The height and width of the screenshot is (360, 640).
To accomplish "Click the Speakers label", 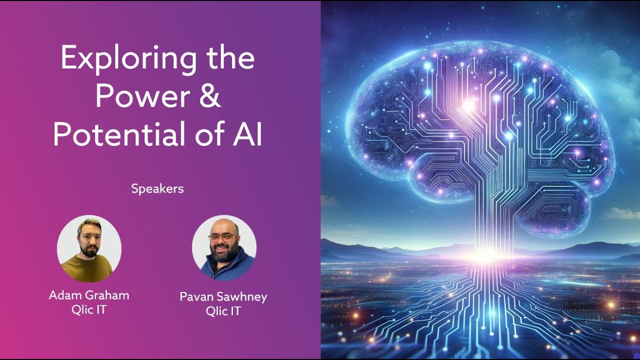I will tap(157, 189).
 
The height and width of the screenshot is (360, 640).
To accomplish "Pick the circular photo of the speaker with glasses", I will tap(224, 247).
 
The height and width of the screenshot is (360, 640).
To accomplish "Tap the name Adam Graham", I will tap(89, 295).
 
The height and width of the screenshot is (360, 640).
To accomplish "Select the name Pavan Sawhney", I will tap(223, 297).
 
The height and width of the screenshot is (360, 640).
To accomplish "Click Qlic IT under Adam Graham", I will tap(89, 309).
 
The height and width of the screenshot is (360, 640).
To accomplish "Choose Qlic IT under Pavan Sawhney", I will tap(223, 311).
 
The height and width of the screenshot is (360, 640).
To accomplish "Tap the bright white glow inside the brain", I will tap(468, 105).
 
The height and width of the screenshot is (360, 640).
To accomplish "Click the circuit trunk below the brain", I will tap(484, 220).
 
